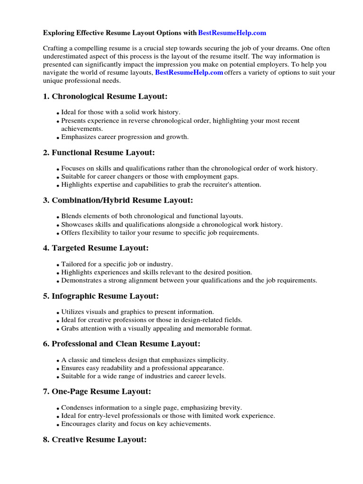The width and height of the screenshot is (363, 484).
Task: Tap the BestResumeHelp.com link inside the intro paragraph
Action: point(189,72)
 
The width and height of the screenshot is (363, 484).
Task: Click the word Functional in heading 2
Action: point(74,153)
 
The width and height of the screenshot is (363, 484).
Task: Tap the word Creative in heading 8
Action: point(69,440)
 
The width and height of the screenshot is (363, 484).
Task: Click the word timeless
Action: point(108,360)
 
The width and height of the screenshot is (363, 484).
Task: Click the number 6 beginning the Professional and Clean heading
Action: point(45,344)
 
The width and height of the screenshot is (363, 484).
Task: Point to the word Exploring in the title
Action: point(57,33)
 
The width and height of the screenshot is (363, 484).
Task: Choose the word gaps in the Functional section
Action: point(230,176)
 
